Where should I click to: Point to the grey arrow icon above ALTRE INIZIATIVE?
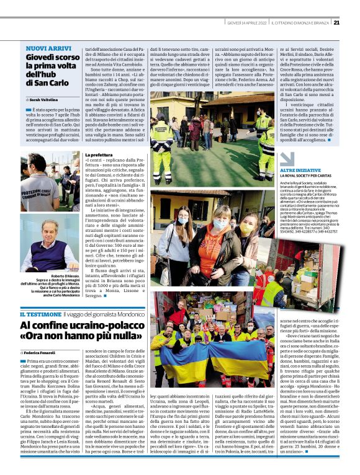(266, 161)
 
